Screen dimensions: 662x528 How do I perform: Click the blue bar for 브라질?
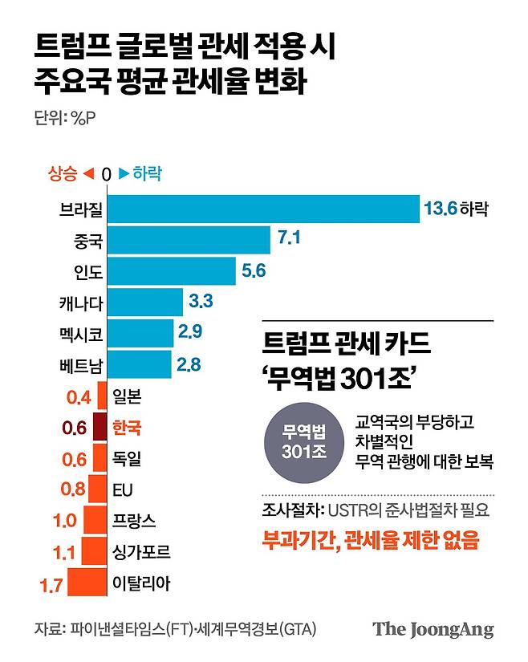(x=263, y=209)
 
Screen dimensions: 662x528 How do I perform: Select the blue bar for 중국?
(x=189, y=240)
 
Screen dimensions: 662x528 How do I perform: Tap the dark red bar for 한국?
(x=100, y=426)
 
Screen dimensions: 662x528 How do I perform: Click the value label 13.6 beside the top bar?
(x=440, y=209)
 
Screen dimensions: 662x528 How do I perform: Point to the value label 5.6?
(x=253, y=271)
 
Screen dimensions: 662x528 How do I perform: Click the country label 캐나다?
(x=80, y=303)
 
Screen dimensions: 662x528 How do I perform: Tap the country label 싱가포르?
(x=142, y=551)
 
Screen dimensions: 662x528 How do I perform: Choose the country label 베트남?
(x=80, y=365)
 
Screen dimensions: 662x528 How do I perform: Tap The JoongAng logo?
(x=433, y=629)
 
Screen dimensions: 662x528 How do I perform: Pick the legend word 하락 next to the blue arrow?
(x=147, y=173)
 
